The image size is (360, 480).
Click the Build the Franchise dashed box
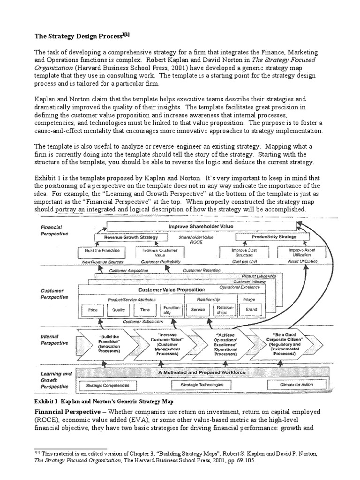pos(99,252)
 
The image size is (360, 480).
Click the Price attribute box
pos(93,310)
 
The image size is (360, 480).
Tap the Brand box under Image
pos(251,310)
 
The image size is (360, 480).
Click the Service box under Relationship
pos(199,310)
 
